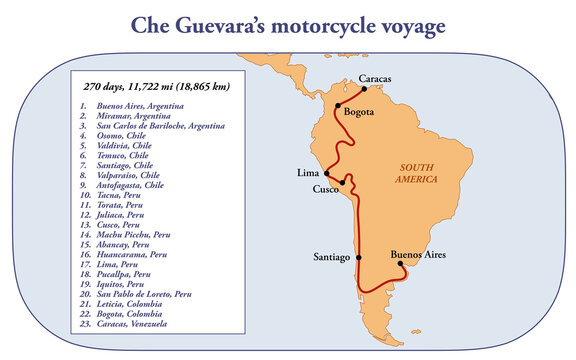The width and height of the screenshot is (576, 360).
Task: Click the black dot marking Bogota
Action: coord(338,105)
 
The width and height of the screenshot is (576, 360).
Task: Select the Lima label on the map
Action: coord(309,173)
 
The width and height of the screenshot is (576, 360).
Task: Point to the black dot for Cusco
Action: coord(344,182)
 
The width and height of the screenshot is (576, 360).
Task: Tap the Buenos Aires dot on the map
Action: coord(400,264)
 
